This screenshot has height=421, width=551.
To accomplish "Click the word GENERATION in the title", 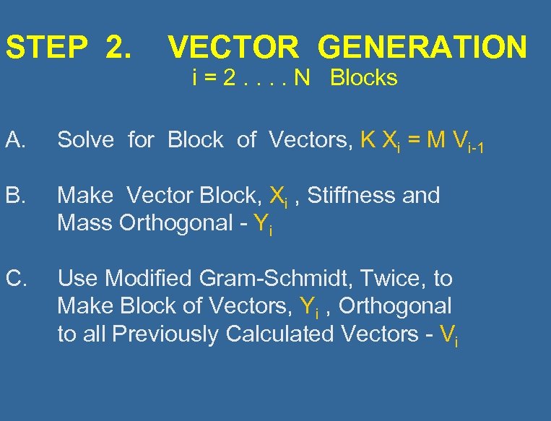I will [x=422, y=48].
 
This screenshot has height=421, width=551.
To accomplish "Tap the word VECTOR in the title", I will [x=233, y=48].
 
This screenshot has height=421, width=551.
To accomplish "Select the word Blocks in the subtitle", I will [x=363, y=78].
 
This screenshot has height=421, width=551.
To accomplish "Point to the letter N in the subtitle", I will [x=301, y=78].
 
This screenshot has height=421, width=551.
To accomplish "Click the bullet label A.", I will [x=14, y=140].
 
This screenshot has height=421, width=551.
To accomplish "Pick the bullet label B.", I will [x=14, y=196].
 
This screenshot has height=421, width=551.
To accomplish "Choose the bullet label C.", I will [x=15, y=279].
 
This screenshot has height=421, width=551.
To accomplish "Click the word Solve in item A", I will [x=85, y=140].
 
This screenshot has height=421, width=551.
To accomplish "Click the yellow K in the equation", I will [x=367, y=140].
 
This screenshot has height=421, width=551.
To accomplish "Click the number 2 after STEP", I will [x=117, y=48].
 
